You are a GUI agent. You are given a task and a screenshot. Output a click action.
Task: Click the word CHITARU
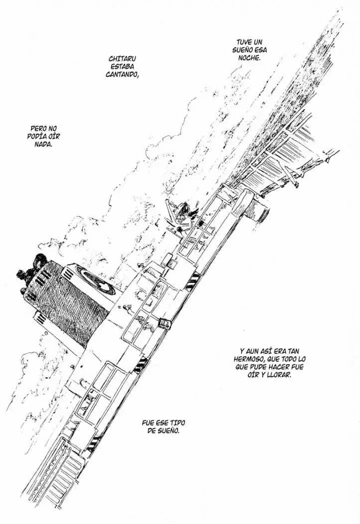pyautogui.click(x=122, y=59)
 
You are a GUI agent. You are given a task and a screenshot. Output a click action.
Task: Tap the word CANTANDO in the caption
pyautogui.click(x=122, y=74)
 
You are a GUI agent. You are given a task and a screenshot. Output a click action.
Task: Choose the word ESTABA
pyautogui.click(x=122, y=67)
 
